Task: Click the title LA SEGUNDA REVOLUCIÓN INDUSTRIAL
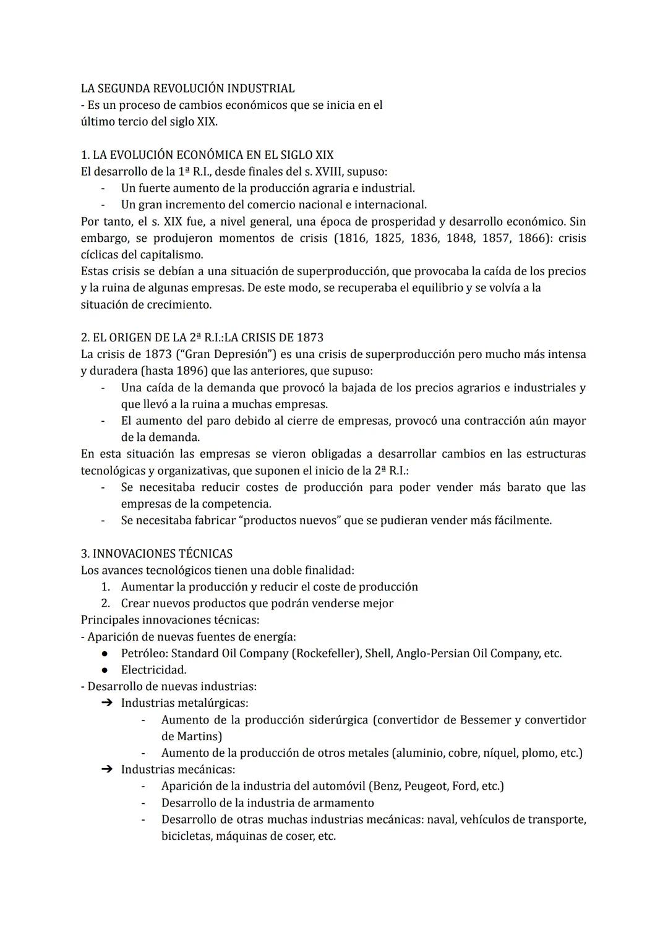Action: click(x=187, y=88)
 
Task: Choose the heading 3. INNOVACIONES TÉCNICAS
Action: click(x=156, y=553)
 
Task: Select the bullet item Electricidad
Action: click(x=153, y=670)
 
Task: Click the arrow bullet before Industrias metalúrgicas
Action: click(x=106, y=703)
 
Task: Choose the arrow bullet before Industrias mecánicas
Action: click(x=106, y=770)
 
